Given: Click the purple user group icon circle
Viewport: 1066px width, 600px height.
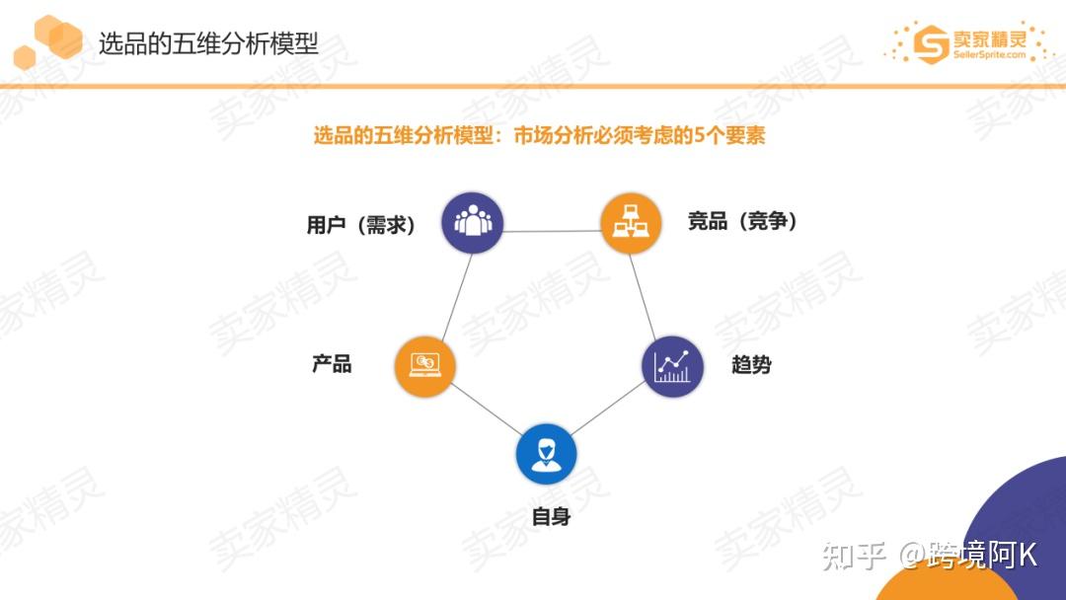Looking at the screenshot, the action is [x=472, y=222].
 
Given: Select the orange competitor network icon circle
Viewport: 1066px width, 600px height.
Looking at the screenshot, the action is [x=631, y=224].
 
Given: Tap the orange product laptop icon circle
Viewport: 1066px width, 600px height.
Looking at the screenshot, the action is [x=424, y=365].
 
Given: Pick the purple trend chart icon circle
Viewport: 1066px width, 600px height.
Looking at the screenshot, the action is [x=673, y=366].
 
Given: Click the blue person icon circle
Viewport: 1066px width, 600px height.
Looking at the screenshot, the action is [x=546, y=454].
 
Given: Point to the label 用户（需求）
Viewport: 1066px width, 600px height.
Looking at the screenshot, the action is [x=361, y=225].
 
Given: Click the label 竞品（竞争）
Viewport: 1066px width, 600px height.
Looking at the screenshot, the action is [x=742, y=221].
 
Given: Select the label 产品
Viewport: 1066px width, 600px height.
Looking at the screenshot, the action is [x=332, y=364].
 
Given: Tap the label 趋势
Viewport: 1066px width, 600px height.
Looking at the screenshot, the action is [x=751, y=365].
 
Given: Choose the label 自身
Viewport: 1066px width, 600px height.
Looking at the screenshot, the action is [x=551, y=515].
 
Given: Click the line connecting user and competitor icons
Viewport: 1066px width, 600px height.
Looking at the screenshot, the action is [x=551, y=232].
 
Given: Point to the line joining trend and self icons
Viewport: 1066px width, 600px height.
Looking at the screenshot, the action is [x=609, y=411].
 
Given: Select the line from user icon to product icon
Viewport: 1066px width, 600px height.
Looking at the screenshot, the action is [x=450, y=293].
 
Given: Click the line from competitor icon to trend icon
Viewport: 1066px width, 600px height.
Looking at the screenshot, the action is [x=650, y=293].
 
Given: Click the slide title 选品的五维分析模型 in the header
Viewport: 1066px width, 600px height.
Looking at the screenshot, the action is [x=208, y=43].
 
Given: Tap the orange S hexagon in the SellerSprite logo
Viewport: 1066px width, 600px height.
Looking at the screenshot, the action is [x=930, y=43].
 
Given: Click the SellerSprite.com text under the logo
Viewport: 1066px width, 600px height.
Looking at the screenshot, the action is [x=989, y=55].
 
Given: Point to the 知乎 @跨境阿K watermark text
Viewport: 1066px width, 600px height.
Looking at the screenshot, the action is [x=930, y=556].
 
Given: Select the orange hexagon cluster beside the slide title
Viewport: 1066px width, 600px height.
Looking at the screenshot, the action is [x=49, y=40].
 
